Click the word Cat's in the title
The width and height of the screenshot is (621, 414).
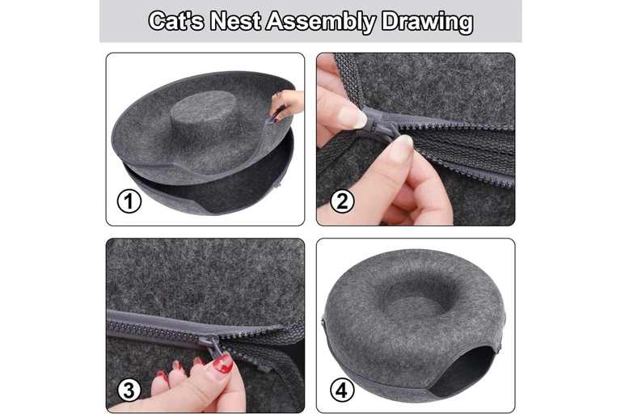click(x=176, y=20)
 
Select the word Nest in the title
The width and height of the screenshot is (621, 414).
click(x=235, y=20)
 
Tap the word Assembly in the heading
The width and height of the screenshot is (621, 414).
click(x=320, y=22)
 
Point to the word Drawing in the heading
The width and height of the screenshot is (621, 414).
click(x=427, y=22)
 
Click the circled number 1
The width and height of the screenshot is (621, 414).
click(x=129, y=201)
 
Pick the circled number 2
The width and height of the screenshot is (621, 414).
click(x=342, y=201)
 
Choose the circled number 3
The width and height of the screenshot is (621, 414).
click(x=129, y=391)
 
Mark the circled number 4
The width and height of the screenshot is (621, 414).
click(x=342, y=391)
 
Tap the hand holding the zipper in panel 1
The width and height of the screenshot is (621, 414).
click(x=288, y=103)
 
